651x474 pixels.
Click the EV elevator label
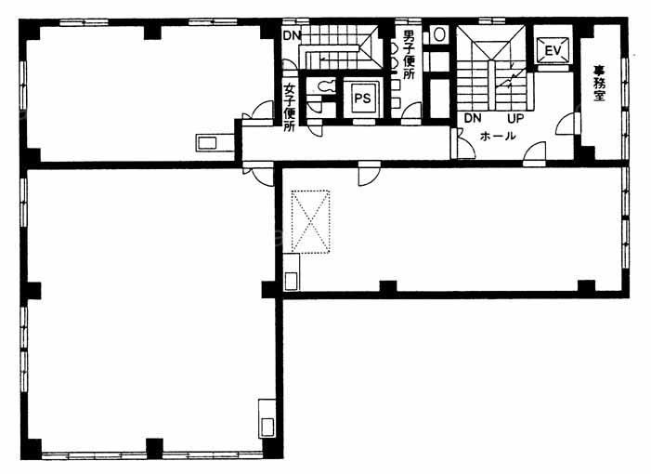[x=553, y=51]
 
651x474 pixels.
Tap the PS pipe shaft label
[x=362, y=99]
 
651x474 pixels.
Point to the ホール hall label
[x=498, y=136]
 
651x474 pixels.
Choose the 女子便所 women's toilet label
[x=290, y=108]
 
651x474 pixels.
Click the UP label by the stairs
[x=515, y=118]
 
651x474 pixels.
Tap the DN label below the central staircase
[x=473, y=118]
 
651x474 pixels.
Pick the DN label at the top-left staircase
[x=292, y=35]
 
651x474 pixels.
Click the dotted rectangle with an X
[x=310, y=221]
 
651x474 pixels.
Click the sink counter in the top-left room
[x=215, y=142]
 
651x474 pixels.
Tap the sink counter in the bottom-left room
[x=267, y=418]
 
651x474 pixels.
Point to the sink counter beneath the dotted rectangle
[x=292, y=272]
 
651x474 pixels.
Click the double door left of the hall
[x=462, y=143]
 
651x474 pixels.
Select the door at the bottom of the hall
[x=534, y=154]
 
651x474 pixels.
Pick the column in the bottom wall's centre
[x=154, y=449]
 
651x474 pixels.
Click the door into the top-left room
[x=258, y=113]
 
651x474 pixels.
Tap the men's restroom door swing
[x=411, y=113]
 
